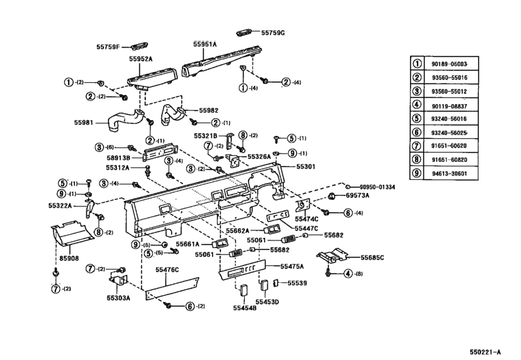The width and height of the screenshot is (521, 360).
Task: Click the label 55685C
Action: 372,257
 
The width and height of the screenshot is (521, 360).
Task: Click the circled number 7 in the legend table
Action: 417,145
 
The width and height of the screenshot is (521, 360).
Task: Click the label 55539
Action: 297,282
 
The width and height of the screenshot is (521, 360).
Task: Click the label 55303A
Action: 118,298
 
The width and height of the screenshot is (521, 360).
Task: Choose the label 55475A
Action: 292,265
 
